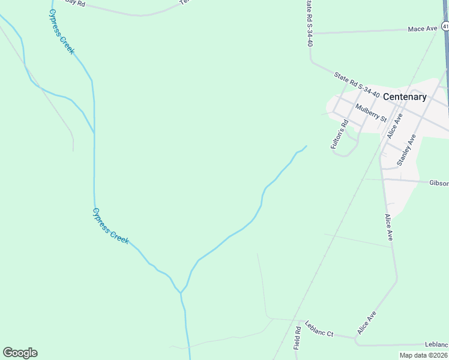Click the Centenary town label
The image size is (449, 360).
pos(404,97)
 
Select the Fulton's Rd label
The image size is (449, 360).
pos(339,135)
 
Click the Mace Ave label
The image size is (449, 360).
pos(423,29)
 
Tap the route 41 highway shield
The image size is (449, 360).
pos(445,26)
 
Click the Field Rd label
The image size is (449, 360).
pos(297,339)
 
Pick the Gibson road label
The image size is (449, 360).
pos(438,183)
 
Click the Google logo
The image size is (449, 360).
pos(20,353)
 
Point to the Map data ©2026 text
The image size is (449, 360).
pos(423,355)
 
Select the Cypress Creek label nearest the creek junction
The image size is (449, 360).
pos(110,226)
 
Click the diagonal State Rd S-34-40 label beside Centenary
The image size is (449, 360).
pos(357,85)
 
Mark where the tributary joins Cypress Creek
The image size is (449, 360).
pos(180,293)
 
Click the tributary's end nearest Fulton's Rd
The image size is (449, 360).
pos(306,146)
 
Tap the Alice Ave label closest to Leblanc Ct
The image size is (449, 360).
pos(367,323)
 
